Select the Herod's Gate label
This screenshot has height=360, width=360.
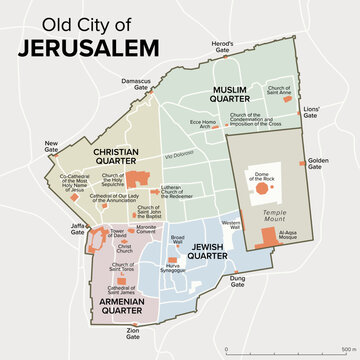pos(221,48)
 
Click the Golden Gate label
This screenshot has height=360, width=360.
pos(319,162)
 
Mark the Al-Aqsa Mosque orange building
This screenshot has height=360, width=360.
pos(268,236)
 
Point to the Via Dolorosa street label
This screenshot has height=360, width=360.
pos(179,157)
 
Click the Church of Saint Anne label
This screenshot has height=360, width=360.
pos(279,91)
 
